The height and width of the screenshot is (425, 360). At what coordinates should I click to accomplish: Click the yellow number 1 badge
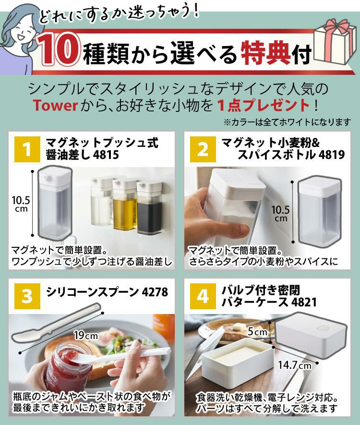(27, 149)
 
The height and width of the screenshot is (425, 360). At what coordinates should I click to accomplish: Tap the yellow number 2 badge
(203, 149)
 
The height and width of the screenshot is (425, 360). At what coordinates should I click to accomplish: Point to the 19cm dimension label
(85, 335)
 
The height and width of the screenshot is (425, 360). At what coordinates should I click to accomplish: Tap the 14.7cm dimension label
(294, 365)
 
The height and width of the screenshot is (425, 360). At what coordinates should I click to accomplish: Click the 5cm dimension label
(257, 332)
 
